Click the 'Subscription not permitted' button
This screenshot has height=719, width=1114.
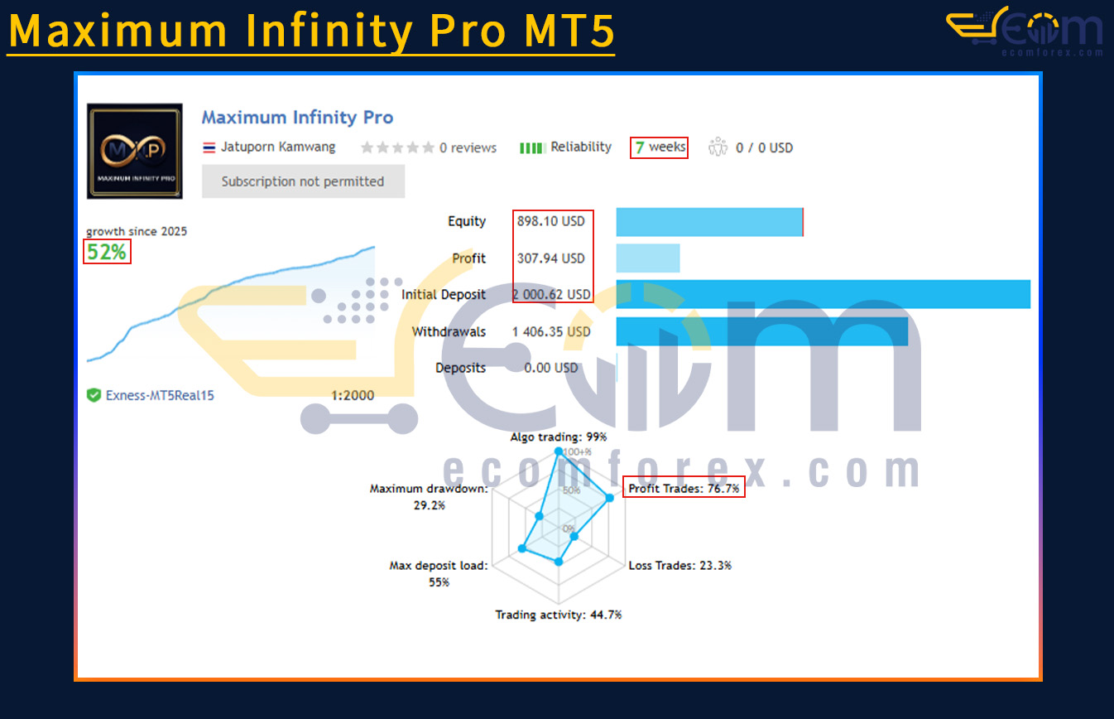(x=303, y=181)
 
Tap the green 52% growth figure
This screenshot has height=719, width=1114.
(x=107, y=252)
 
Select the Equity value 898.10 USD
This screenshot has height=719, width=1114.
(x=551, y=221)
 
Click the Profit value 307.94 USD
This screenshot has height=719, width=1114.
(x=551, y=258)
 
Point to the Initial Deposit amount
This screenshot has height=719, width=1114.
(x=551, y=295)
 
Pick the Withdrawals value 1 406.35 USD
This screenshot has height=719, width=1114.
(x=551, y=332)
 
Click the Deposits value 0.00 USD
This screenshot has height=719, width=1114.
(x=551, y=369)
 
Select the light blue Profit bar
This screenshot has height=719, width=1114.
(x=648, y=258)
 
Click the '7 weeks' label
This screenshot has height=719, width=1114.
(x=660, y=147)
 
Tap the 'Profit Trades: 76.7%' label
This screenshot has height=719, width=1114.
(x=684, y=489)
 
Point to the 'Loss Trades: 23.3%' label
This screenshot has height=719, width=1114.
(x=679, y=566)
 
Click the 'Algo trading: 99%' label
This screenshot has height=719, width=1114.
(x=559, y=437)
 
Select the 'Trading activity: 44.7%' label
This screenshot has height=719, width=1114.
(x=559, y=615)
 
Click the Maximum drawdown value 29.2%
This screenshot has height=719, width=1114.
(x=430, y=505)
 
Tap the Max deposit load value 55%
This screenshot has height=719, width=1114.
(x=439, y=582)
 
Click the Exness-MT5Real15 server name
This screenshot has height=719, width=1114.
(x=160, y=396)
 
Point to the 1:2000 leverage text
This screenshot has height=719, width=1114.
(x=353, y=396)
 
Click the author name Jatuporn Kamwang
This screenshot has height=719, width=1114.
(x=278, y=147)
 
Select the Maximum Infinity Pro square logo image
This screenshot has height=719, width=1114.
(x=135, y=152)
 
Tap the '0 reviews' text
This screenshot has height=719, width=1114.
(x=468, y=147)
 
